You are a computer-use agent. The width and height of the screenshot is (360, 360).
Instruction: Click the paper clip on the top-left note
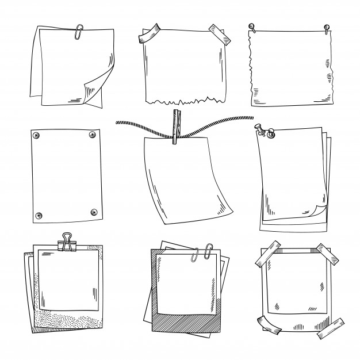click(76, 32)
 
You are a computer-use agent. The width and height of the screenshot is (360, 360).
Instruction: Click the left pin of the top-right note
click(251, 26)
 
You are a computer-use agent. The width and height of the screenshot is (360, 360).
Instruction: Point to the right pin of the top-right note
click(327, 26)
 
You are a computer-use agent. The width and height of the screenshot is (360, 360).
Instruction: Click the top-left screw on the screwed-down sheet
click(36, 135)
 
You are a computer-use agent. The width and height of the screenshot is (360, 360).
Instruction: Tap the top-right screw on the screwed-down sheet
click(91, 135)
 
